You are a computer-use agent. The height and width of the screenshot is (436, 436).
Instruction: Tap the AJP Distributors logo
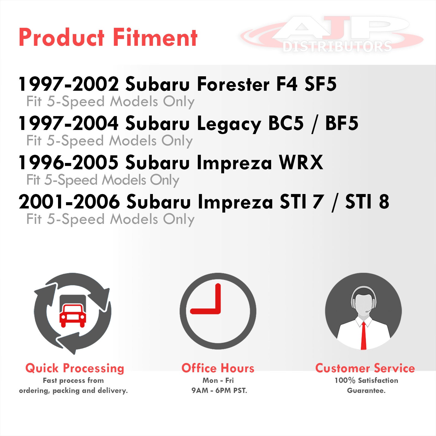(332, 34)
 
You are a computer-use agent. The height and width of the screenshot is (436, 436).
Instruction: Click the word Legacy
(229, 124)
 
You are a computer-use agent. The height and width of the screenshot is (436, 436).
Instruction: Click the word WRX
(301, 162)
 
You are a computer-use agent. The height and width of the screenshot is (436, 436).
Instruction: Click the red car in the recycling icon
(73, 315)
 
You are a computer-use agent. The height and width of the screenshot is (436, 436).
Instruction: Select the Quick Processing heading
(75, 368)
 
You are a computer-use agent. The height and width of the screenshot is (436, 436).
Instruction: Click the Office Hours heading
(218, 368)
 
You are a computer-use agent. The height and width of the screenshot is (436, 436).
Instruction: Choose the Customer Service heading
(365, 368)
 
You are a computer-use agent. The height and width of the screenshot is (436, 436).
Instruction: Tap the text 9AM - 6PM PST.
(219, 390)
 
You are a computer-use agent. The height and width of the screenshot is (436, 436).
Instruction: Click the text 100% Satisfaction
(366, 380)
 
